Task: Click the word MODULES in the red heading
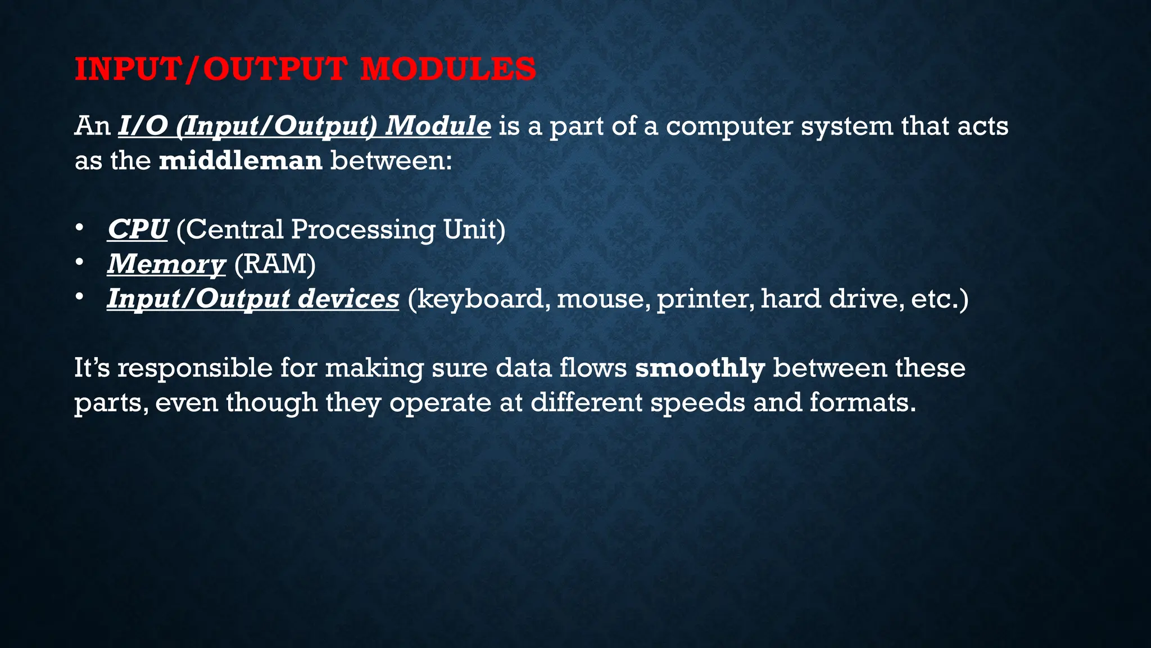click(448, 69)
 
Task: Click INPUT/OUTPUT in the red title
click(210, 69)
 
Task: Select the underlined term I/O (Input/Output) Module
click(304, 125)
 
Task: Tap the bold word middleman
click(241, 161)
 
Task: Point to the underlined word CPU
click(138, 229)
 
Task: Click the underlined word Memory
click(166, 264)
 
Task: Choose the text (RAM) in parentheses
click(275, 264)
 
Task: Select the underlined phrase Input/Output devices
click(253, 299)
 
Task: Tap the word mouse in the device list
click(603, 299)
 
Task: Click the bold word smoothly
click(700, 368)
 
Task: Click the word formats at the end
click(862, 403)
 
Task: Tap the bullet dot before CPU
click(80, 228)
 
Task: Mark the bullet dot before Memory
click(80, 262)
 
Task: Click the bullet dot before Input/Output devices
click(80, 296)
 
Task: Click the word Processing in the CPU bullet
click(363, 229)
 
